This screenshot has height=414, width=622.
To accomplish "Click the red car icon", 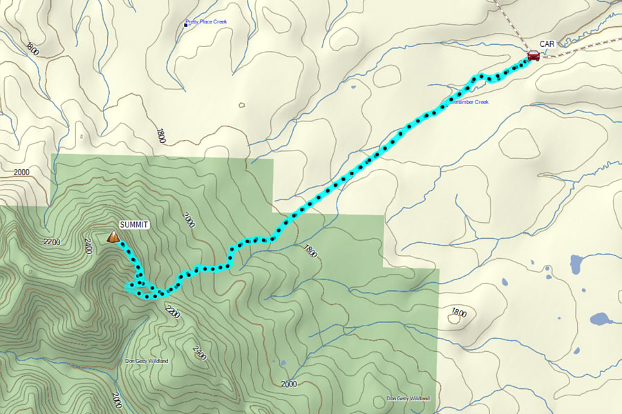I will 533,56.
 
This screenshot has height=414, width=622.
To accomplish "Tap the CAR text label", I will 547,44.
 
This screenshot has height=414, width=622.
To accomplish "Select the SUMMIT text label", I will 134,225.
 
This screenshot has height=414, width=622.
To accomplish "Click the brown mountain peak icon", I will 113,237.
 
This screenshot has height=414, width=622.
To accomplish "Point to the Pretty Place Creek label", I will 208,22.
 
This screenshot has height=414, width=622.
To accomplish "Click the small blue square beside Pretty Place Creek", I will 186,23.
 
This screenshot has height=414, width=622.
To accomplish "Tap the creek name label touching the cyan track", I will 469,103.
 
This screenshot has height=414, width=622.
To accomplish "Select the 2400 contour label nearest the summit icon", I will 88,246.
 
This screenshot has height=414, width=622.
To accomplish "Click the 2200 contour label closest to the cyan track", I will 172,312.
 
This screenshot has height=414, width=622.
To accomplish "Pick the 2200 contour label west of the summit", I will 52,242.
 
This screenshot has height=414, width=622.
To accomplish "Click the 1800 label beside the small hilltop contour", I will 458,313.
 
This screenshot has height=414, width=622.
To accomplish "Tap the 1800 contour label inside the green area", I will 309,251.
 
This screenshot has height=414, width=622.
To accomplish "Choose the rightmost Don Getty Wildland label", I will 408,399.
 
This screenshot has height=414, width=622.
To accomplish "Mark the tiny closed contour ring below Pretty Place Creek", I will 241,106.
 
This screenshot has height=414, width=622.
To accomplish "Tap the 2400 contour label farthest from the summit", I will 200,353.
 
